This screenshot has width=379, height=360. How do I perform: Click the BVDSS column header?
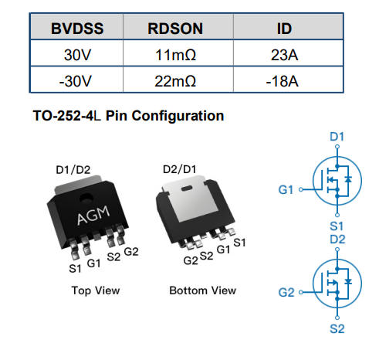[77, 29]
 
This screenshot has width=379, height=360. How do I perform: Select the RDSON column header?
[175, 29]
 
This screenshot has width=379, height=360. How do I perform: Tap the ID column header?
[284, 29]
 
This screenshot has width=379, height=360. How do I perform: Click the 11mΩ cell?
[175, 55]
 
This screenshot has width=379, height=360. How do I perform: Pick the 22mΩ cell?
[175, 81]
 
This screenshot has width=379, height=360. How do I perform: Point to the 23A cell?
[284, 55]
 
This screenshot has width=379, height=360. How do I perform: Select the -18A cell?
[283, 81]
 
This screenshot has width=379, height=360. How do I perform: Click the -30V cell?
[75, 81]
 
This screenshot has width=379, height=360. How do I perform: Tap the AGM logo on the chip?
[93, 215]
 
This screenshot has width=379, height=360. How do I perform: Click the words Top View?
[96, 290]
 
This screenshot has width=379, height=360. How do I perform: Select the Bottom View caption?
[202, 290]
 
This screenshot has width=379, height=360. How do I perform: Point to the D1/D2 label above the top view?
[73, 170]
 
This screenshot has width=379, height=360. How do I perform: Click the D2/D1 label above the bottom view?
[180, 169]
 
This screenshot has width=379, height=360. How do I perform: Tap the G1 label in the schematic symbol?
[286, 190]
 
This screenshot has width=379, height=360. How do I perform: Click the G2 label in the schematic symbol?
[286, 293]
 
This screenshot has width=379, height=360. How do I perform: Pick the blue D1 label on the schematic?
[337, 137]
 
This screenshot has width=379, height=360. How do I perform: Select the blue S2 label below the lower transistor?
[337, 329]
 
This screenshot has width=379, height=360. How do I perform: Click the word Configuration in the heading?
[178, 116]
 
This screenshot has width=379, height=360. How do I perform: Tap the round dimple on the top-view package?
[86, 198]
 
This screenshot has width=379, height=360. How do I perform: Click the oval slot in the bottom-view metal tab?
[187, 188]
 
